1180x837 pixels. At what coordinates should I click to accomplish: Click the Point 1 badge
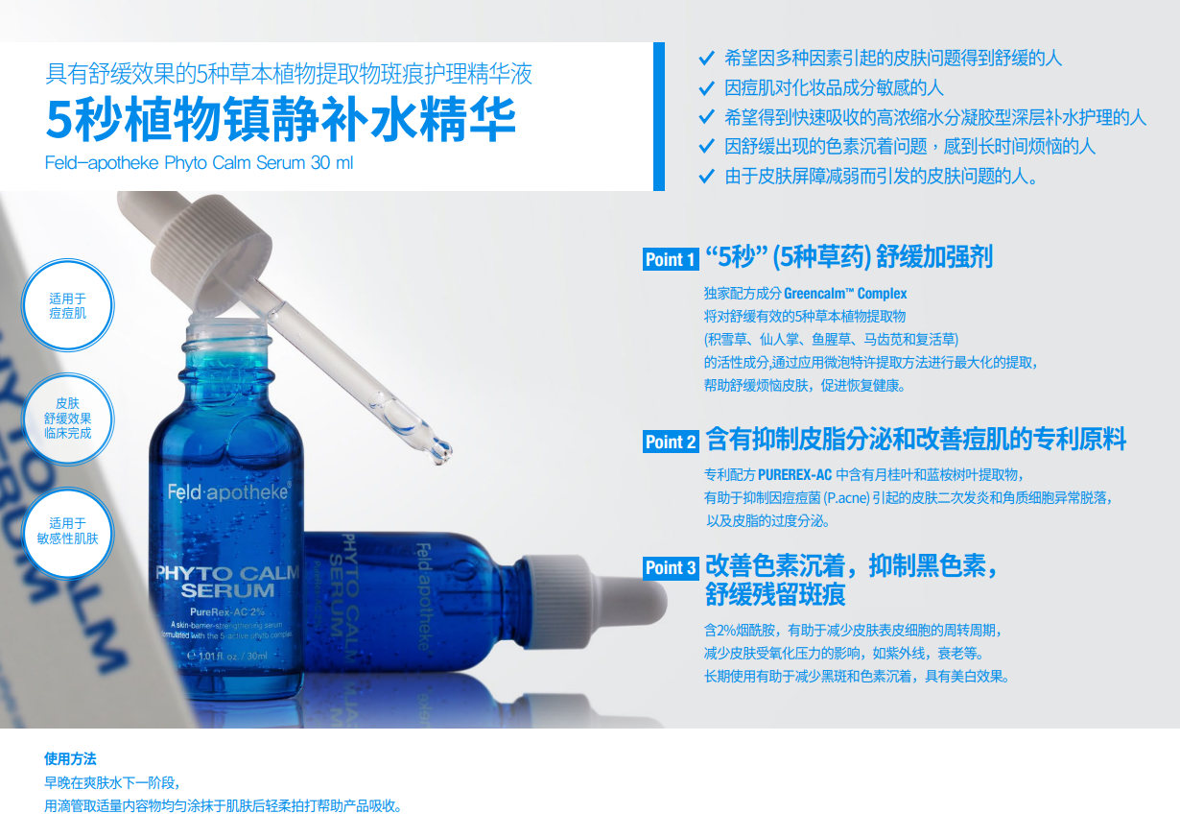point(671,259)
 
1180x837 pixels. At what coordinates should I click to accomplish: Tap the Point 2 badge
point(671,442)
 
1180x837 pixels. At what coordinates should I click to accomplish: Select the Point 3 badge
point(671,568)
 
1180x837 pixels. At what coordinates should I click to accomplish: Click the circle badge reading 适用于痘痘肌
point(67,306)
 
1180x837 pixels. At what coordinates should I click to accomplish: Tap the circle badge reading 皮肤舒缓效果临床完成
point(67,418)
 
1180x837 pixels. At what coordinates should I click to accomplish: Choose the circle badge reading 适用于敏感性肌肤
point(67,531)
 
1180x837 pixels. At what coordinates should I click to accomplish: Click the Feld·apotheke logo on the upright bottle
point(228,491)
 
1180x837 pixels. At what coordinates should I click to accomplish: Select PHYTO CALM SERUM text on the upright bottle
point(228,582)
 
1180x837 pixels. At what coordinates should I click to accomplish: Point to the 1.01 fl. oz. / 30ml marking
point(232,657)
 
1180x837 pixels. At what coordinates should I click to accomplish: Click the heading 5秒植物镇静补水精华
point(281,122)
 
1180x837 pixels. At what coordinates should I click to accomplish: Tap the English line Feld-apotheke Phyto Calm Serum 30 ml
point(199,163)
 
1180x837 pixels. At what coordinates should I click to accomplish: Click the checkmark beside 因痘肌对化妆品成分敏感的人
point(706,88)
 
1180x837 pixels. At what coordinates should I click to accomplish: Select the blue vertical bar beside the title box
point(658,116)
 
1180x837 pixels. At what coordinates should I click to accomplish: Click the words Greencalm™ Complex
point(845,294)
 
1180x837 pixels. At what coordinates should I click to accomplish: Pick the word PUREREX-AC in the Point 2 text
point(794,474)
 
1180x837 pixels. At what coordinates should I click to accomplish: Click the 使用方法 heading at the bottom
point(70,759)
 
